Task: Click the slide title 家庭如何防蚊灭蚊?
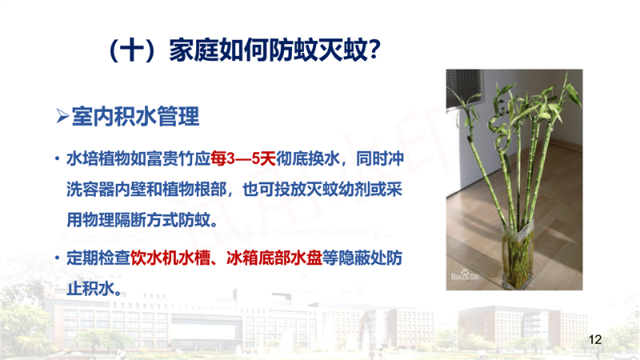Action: coord(274,50)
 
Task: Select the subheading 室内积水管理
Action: coord(135,116)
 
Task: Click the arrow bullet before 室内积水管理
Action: coord(62,116)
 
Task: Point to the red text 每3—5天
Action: coord(243,158)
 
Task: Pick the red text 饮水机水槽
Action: coord(170,258)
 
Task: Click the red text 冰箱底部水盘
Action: coord(274,258)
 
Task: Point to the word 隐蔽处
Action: coord(362,258)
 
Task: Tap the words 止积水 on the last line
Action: coord(90,289)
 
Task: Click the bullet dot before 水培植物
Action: coord(57,158)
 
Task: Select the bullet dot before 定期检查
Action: coord(57,258)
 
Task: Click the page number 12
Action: coord(595,339)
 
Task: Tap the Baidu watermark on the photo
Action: coord(465,275)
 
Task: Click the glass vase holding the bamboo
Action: coord(517,254)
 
